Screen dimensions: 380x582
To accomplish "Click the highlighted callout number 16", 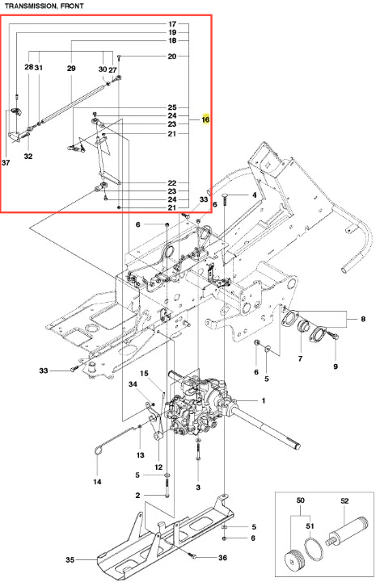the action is (x=205, y=119).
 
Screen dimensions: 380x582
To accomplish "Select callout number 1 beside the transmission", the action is (x=264, y=401).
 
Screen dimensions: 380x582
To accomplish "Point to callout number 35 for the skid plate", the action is (x=70, y=559).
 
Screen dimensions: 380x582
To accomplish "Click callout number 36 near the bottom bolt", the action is (x=222, y=558).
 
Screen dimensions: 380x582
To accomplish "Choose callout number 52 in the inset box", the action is (x=344, y=500).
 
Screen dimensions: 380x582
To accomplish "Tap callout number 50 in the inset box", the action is (x=301, y=500).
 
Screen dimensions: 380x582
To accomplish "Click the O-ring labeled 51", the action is (x=312, y=547).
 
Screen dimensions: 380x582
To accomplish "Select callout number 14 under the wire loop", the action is (x=97, y=482).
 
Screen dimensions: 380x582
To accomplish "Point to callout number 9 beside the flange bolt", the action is (x=336, y=366).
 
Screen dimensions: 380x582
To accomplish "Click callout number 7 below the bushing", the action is (x=300, y=358).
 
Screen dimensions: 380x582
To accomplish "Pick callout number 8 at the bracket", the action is (x=363, y=319).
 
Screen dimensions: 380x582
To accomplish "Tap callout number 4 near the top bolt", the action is (x=255, y=195).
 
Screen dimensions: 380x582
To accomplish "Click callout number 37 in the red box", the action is (x=6, y=162).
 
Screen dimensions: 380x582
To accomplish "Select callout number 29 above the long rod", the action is (x=71, y=69).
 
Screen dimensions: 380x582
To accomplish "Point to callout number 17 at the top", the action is (x=172, y=24).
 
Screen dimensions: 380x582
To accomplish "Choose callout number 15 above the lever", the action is (x=144, y=373).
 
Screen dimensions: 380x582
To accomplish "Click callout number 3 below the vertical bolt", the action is (x=198, y=487).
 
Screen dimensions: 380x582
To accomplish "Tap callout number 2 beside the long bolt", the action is (x=138, y=495).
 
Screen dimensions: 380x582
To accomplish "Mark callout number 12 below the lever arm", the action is (x=158, y=467).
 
